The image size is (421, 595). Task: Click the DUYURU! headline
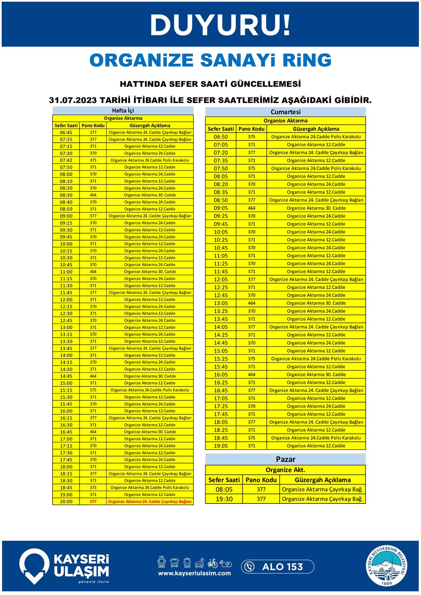pos(220,25)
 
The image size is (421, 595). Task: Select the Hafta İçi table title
pos(123,110)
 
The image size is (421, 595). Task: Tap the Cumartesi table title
pos(286,112)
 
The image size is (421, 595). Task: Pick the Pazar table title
pos(286,459)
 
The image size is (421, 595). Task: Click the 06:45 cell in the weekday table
pos(66,133)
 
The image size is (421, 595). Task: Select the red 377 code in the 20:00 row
pos(93,502)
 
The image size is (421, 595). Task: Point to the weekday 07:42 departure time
pos(66,160)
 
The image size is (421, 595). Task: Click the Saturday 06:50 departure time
pos(221,137)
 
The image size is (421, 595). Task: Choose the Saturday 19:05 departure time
pos(221,446)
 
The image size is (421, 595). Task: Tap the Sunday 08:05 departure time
pos(224,489)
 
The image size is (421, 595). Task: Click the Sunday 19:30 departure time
pos(224,499)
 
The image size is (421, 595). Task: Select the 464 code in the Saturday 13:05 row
pos(252,303)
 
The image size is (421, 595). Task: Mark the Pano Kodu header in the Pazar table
pos(261,480)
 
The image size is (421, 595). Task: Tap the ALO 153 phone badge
pos(278,567)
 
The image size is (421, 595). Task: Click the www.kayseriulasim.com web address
pos(194,573)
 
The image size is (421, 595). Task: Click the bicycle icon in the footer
pos(213,563)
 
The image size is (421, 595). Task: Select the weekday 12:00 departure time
pos(66,300)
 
